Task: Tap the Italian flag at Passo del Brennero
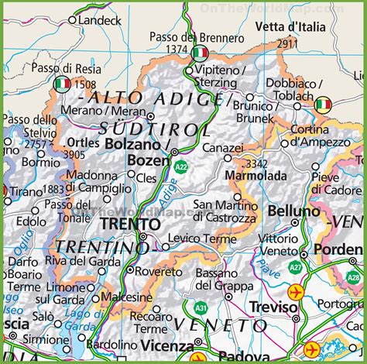click(200, 53)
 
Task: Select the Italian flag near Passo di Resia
click(63, 83)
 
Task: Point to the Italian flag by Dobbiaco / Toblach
click(323, 105)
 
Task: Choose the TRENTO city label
click(130, 224)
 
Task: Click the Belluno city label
click(293, 211)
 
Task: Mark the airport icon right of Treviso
click(296, 293)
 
